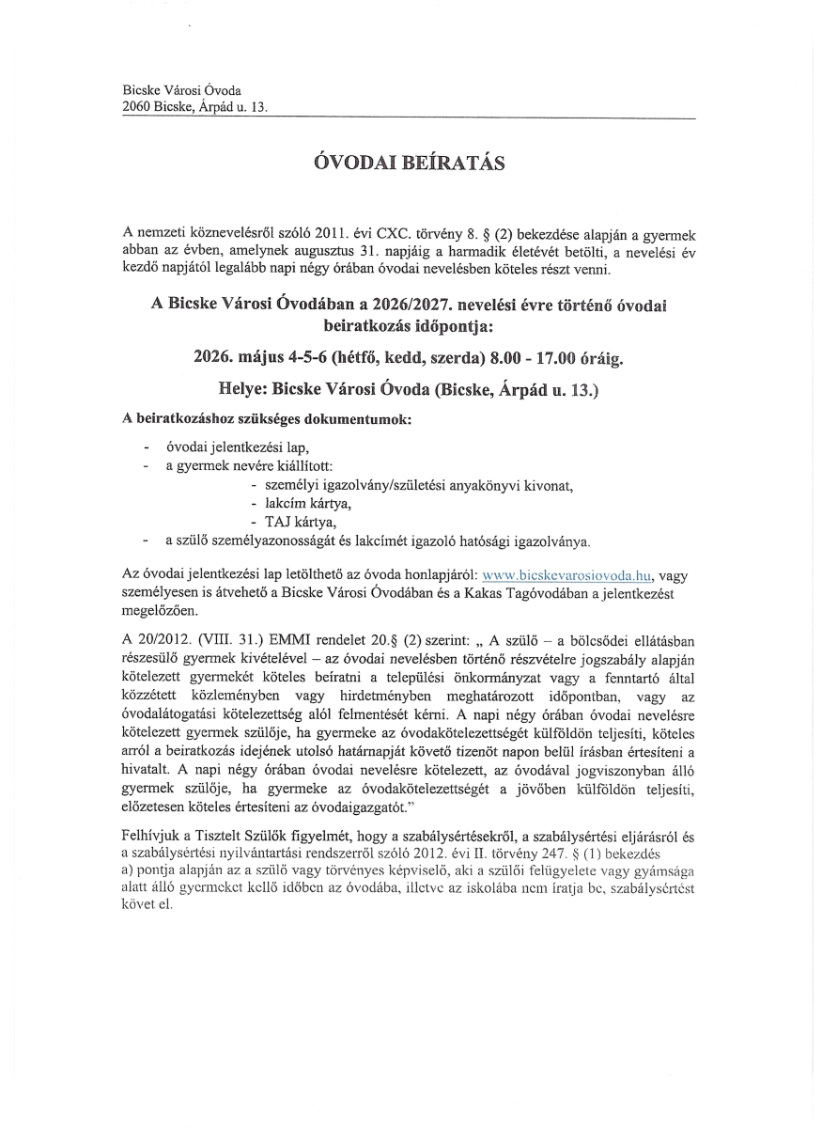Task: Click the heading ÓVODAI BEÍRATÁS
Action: click(x=409, y=164)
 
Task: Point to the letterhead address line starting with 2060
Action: click(x=195, y=107)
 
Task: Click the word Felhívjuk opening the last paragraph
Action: click(x=150, y=837)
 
